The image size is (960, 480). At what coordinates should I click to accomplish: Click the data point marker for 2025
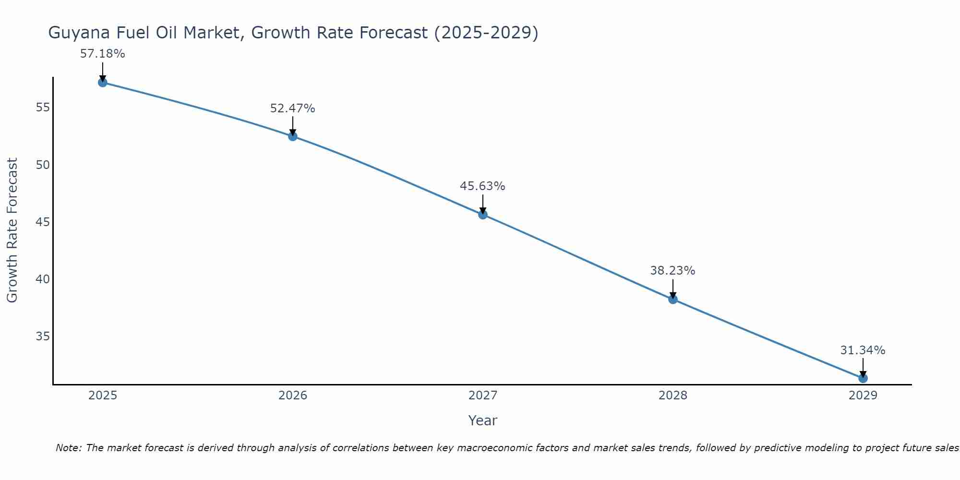coord(103,83)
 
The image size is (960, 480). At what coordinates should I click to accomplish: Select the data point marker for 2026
coord(293,136)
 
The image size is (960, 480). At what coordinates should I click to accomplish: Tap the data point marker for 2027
coord(483,215)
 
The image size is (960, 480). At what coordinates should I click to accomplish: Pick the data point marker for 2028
coord(673,300)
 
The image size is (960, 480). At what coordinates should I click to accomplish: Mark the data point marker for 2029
coord(863,378)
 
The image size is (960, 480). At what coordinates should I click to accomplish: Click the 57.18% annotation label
coord(102,54)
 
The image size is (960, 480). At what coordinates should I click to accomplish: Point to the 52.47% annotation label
coord(292,108)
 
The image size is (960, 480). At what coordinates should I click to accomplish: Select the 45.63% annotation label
coord(482,186)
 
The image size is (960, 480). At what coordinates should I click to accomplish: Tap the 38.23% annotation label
coord(672,271)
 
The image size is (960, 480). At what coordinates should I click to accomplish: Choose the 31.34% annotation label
coord(863,350)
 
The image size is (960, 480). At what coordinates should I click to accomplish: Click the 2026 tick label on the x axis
coord(293,396)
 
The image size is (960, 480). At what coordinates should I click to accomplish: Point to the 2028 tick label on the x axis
coord(673,396)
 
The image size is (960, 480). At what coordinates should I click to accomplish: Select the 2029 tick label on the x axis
coord(863,396)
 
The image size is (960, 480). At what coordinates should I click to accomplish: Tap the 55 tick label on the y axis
coord(43,108)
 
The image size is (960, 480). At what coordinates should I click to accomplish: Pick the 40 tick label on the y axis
coord(43,279)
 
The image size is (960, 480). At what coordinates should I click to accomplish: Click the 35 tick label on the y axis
coord(43,336)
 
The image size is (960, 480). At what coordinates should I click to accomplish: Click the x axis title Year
coord(482,420)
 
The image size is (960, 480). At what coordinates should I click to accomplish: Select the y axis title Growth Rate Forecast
coord(12,230)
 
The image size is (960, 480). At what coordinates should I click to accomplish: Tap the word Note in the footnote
coord(68,448)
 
